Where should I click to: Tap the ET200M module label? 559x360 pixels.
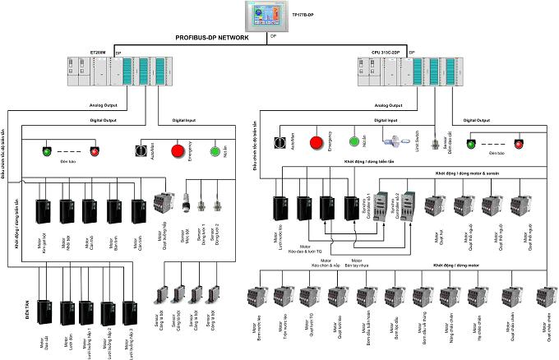click(98, 52)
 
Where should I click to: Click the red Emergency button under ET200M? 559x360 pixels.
click(178, 151)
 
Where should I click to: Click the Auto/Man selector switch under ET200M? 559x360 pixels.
click(139, 151)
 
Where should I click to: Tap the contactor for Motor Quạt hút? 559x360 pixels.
click(433, 206)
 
